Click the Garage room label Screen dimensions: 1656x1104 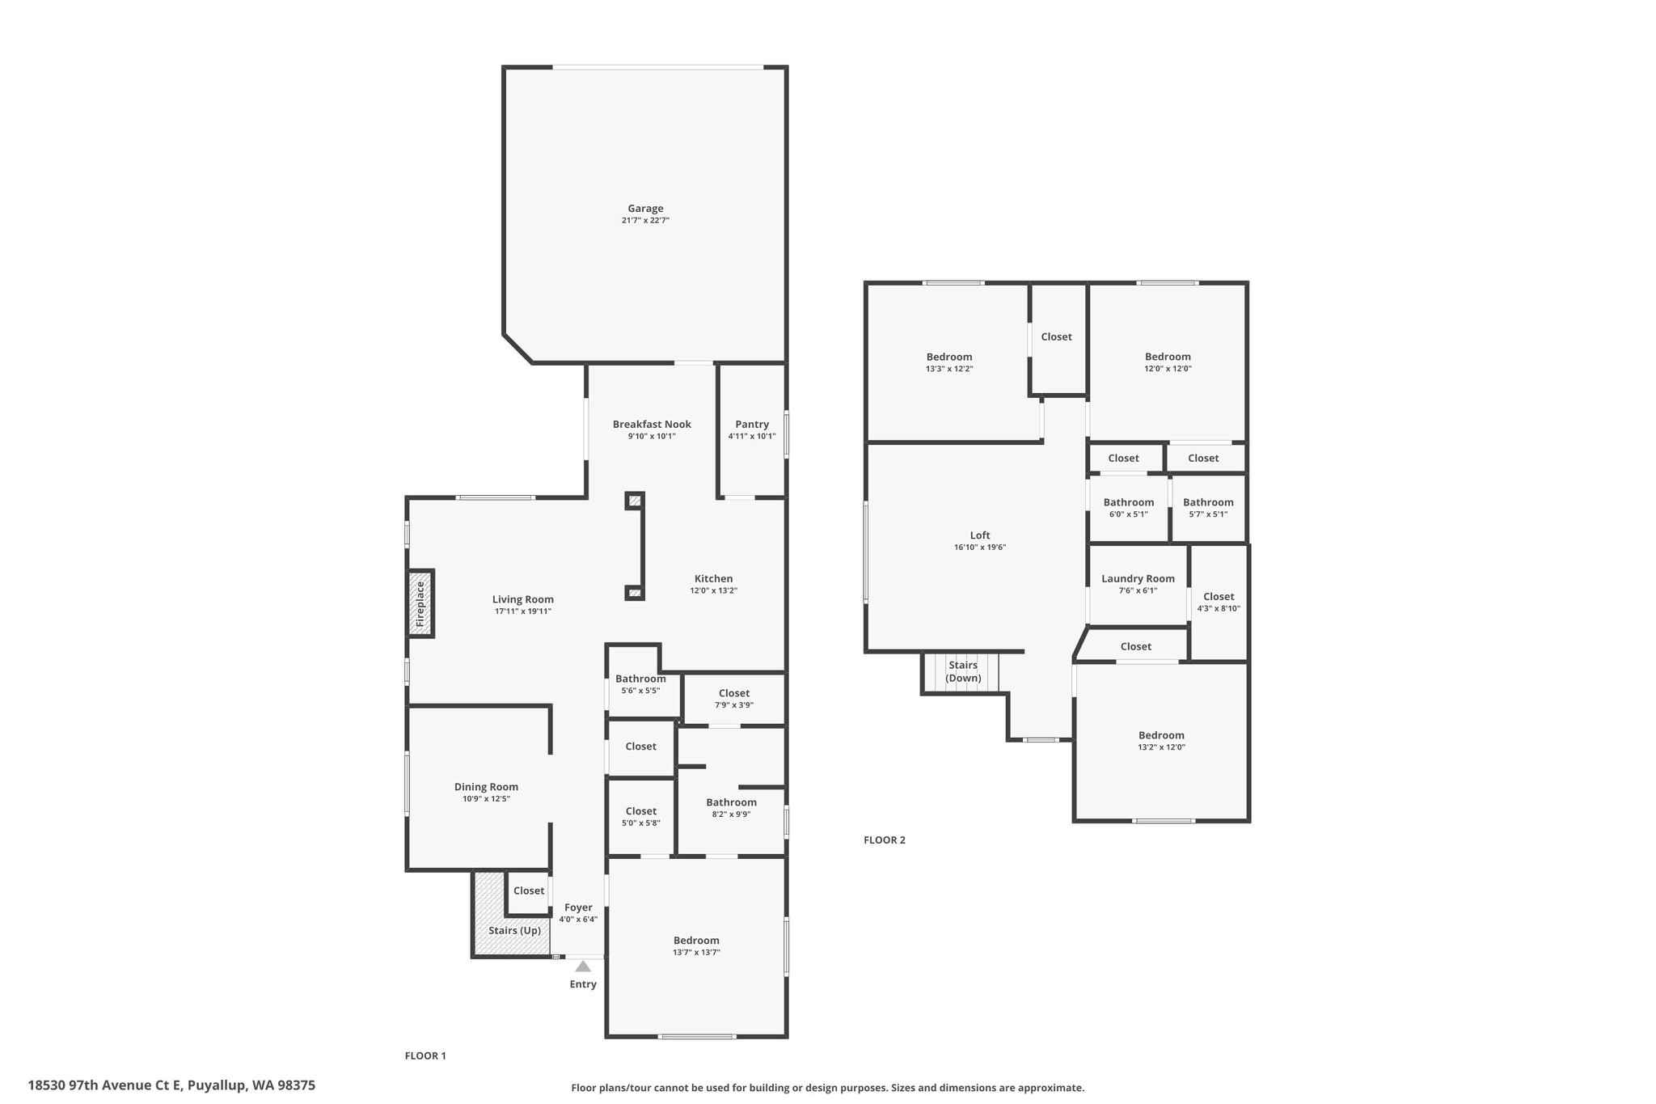(x=645, y=209)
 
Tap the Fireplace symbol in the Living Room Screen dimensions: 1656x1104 (x=420, y=603)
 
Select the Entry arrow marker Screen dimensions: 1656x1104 (x=583, y=966)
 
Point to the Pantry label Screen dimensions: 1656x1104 (x=752, y=425)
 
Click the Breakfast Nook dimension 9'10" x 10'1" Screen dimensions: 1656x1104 (x=652, y=437)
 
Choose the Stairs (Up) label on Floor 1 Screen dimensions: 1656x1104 (x=515, y=931)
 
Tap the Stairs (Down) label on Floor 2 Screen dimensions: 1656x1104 (x=963, y=672)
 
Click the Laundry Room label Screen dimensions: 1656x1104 (x=1138, y=579)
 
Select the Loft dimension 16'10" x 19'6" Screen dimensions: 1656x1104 (x=980, y=548)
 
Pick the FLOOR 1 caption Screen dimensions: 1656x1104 (x=425, y=1055)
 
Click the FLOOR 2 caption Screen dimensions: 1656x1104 (x=885, y=840)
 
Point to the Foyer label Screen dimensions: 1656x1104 (x=578, y=907)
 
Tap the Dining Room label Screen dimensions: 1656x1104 (x=486, y=787)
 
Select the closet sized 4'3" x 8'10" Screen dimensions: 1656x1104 (x=1219, y=603)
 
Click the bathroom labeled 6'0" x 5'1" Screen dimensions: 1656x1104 (x=1129, y=508)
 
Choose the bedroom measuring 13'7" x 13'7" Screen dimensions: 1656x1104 (x=696, y=946)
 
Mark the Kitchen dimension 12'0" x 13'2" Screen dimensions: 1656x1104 (x=713, y=590)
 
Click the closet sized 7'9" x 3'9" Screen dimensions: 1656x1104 (x=734, y=699)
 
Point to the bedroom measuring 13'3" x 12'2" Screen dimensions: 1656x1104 (x=949, y=362)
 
